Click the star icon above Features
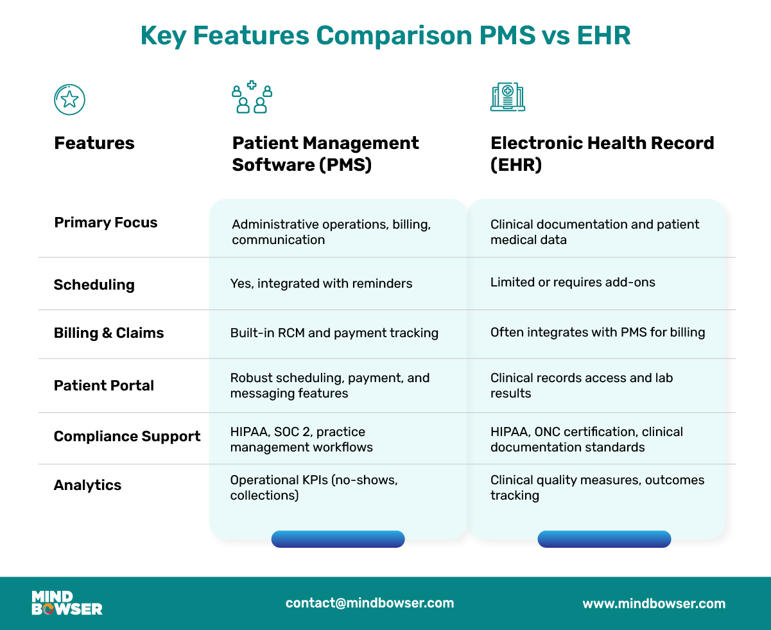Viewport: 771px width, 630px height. pyautogui.click(x=69, y=99)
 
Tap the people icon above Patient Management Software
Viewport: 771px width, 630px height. pyautogui.click(x=252, y=98)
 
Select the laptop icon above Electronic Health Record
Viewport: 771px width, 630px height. pyautogui.click(x=507, y=97)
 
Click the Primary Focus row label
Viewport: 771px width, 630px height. pyautogui.click(x=106, y=223)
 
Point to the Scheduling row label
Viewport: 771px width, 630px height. pyautogui.click(x=94, y=284)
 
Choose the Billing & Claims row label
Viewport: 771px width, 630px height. pyautogui.click(x=109, y=333)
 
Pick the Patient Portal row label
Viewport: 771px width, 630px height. pyautogui.click(x=104, y=385)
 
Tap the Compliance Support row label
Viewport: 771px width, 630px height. pyautogui.click(x=127, y=437)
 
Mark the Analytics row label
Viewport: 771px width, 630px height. pyautogui.click(x=88, y=485)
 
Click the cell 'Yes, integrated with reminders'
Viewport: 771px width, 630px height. pyautogui.click(x=321, y=283)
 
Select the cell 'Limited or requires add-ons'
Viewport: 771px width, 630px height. pyautogui.click(x=573, y=282)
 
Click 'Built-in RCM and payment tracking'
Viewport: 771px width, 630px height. pyautogui.click(x=334, y=333)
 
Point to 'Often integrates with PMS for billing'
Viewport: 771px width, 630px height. pyautogui.click(x=598, y=332)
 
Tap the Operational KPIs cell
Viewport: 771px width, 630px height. pyautogui.click(x=314, y=487)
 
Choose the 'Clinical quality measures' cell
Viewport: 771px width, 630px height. pyautogui.click(x=597, y=487)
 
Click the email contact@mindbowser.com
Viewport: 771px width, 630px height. pyautogui.click(x=370, y=603)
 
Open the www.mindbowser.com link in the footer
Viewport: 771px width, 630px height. pyautogui.click(x=654, y=604)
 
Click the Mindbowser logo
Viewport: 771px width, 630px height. pyautogui.click(x=67, y=603)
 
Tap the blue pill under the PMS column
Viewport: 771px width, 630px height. pyautogui.click(x=338, y=539)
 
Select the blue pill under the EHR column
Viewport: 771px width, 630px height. pyautogui.click(x=603, y=539)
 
